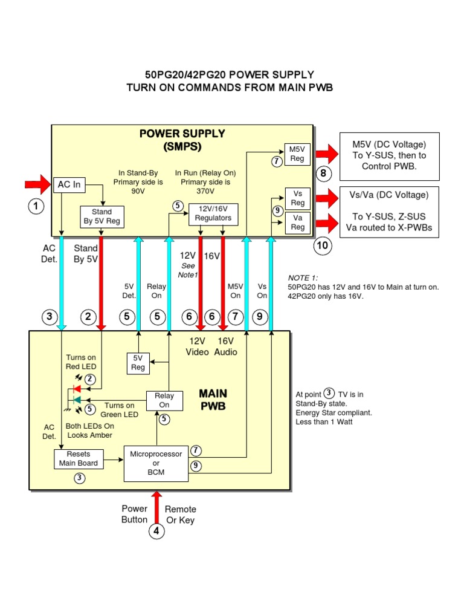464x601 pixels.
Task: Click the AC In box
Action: tap(69, 184)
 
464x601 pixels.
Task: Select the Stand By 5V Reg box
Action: tap(101, 216)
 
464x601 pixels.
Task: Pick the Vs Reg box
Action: tap(297, 198)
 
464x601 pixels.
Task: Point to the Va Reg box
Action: tap(297, 222)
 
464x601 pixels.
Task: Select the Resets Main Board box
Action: tap(79, 458)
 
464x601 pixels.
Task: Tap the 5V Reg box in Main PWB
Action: tap(138, 362)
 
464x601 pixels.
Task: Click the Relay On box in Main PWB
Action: tap(164, 400)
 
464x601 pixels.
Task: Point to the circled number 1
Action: tap(36, 207)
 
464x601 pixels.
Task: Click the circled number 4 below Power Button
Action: tap(157, 531)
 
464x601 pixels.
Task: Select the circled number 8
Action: tap(323, 174)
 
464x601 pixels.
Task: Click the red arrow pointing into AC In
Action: tap(39, 183)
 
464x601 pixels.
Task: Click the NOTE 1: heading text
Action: tap(303, 278)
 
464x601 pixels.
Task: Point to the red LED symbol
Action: tap(77, 388)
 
